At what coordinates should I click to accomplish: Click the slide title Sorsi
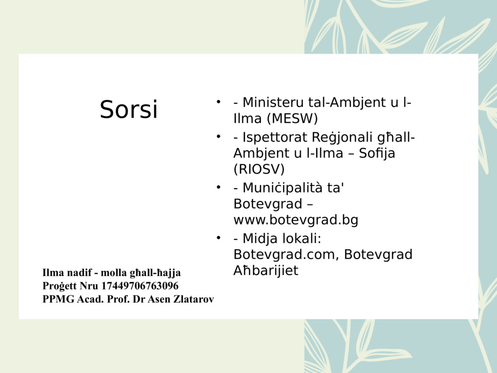pyautogui.click(x=129, y=109)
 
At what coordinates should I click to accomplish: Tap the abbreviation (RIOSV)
pyautogui.click(x=259, y=169)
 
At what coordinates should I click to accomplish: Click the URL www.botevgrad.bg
pyautogui.click(x=296, y=220)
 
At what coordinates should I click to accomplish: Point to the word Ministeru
pyautogui.click(x=273, y=103)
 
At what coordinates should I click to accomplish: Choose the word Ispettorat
pyautogui.click(x=272, y=137)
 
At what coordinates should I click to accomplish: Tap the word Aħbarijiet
pyautogui.click(x=266, y=271)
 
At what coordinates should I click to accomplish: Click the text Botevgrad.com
pyautogui.click(x=286, y=255)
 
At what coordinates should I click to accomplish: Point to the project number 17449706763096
pyautogui.click(x=140, y=286)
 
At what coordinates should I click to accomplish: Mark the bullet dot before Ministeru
pyautogui.click(x=218, y=102)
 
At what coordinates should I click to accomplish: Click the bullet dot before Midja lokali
pyautogui.click(x=218, y=238)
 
